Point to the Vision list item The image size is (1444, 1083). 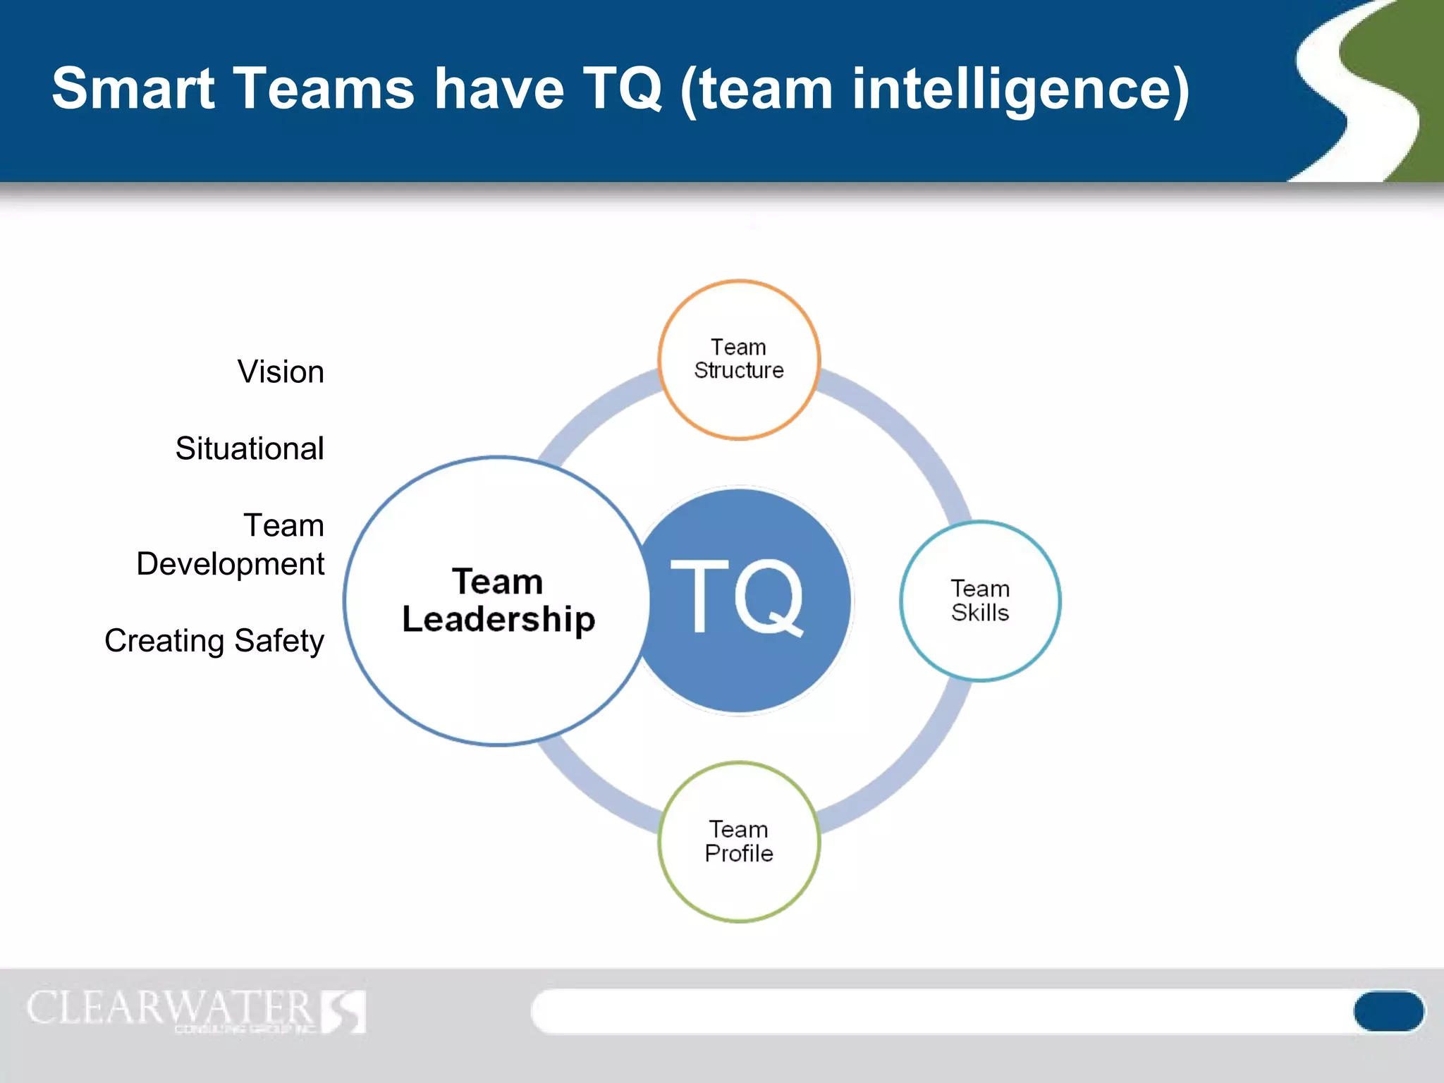[x=281, y=372]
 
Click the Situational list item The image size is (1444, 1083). [x=250, y=448]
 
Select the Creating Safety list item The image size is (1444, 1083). [x=214, y=641]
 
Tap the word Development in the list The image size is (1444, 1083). [x=231, y=564]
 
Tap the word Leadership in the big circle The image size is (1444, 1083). [x=498, y=619]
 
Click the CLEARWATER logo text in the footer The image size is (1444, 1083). [x=170, y=1008]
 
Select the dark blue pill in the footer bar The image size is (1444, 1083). [x=1388, y=1011]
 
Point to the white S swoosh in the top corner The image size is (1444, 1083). [x=1357, y=92]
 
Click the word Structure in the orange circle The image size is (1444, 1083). [x=739, y=370]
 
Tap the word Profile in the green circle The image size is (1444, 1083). [x=739, y=853]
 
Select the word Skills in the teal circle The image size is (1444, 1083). [x=980, y=613]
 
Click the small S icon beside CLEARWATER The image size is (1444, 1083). [x=344, y=1011]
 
